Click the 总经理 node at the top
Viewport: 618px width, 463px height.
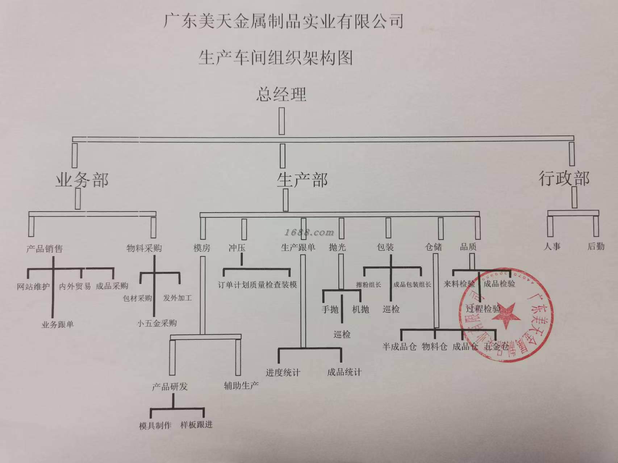(x=281, y=94)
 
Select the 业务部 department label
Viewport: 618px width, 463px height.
(x=82, y=180)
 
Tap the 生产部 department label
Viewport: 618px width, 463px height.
(x=302, y=180)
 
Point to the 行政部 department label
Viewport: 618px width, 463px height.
(x=564, y=178)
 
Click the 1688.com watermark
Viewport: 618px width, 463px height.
(x=309, y=232)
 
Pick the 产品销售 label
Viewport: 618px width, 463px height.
(x=45, y=249)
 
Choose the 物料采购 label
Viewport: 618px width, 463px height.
(x=144, y=248)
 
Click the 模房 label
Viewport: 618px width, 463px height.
(x=202, y=248)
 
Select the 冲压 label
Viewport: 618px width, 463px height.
(x=237, y=248)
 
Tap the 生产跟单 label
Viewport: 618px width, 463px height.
(x=298, y=247)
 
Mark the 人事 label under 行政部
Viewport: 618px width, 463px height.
(x=552, y=247)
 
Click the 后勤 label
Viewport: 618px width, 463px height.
(x=596, y=247)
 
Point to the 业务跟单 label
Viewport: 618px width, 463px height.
(x=58, y=324)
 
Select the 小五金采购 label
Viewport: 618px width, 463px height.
(x=157, y=323)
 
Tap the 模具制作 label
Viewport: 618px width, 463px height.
(x=155, y=426)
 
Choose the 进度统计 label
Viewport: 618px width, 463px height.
(x=283, y=372)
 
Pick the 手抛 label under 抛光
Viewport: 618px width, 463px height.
(x=330, y=310)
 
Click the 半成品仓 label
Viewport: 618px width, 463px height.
(x=399, y=347)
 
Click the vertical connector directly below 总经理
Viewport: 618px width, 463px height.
(x=281, y=122)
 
